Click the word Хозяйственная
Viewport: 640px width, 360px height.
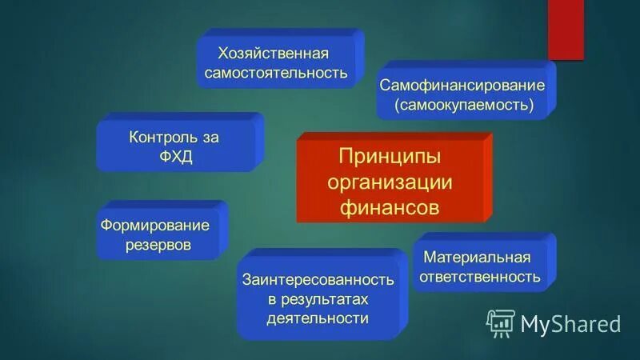[273, 53]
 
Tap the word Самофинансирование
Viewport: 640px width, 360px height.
[462, 85]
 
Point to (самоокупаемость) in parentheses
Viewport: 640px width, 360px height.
[463, 105]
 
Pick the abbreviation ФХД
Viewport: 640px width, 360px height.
[174, 157]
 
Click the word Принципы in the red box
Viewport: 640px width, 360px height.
[390, 154]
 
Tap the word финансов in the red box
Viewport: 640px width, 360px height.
[390, 207]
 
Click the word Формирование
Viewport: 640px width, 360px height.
[154, 225]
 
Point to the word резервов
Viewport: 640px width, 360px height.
[158, 245]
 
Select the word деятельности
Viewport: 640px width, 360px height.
[318, 318]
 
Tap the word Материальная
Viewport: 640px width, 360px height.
[478, 257]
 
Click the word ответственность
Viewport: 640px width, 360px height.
[480, 277]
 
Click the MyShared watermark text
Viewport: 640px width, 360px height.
[570, 324]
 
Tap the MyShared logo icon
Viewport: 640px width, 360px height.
[501, 323]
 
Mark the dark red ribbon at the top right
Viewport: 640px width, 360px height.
[565, 28]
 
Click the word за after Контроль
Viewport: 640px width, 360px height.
[210, 137]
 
